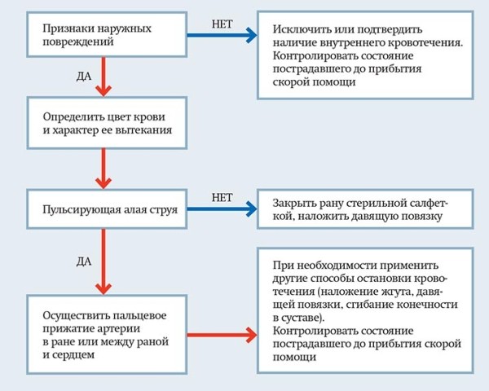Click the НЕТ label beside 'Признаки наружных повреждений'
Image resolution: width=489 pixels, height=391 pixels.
(x=223, y=24)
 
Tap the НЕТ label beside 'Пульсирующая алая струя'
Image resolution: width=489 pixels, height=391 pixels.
(x=223, y=197)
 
